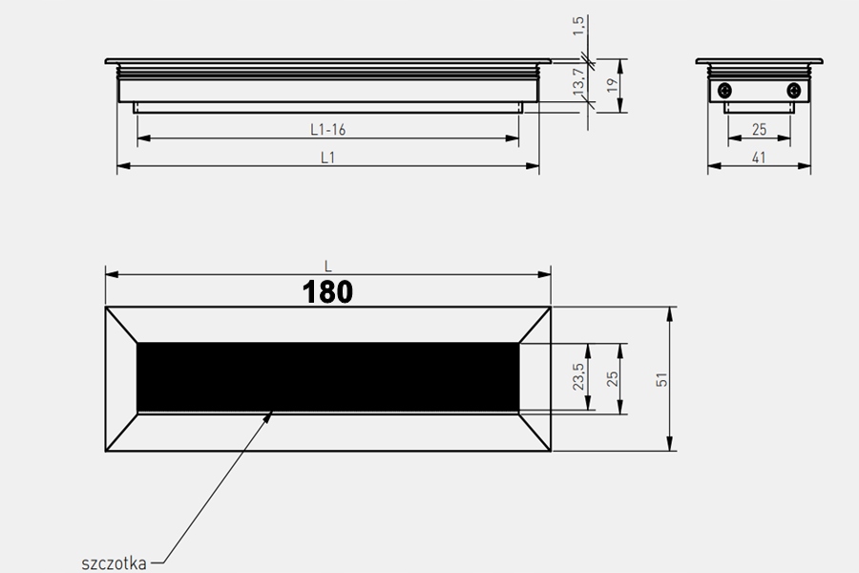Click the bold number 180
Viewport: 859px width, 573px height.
(x=328, y=291)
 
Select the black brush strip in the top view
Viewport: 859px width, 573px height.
(x=328, y=377)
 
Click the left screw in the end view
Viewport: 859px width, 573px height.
(x=725, y=91)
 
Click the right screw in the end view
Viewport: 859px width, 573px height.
(x=794, y=91)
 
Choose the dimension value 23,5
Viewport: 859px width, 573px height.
(x=577, y=378)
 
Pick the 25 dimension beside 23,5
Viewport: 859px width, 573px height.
(x=614, y=378)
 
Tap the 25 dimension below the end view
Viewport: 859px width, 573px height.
(x=759, y=129)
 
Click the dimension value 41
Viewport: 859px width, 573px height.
(x=759, y=159)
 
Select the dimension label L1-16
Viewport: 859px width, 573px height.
(x=327, y=129)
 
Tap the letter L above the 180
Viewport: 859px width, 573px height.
(x=327, y=265)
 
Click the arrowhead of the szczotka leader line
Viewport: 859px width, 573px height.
(x=273, y=413)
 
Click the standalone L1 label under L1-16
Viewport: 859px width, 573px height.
(x=327, y=158)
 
